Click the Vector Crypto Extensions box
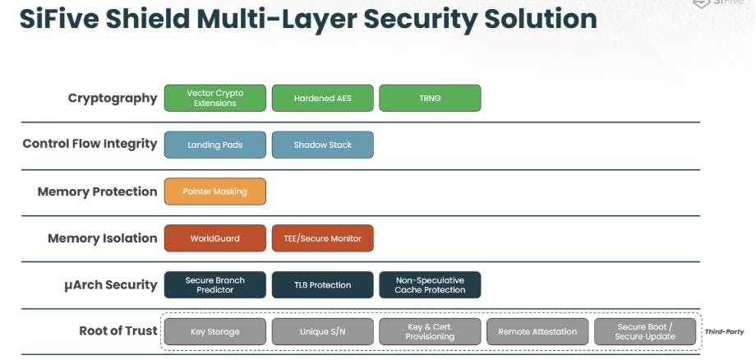[215, 98]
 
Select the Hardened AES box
[322, 98]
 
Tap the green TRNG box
[430, 98]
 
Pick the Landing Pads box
[215, 145]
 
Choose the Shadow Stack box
[322, 145]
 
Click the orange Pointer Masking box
[215, 192]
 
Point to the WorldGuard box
[215, 238]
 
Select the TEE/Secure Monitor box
[322, 238]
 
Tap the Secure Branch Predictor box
[215, 284]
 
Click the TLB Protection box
[322, 284]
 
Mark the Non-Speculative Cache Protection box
[430, 284]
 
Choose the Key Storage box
[215, 331]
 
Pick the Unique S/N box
[322, 331]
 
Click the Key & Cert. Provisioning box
[430, 331]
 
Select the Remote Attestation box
[537, 331]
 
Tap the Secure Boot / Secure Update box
[645, 331]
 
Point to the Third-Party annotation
[724, 332]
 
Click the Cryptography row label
[113, 98]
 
